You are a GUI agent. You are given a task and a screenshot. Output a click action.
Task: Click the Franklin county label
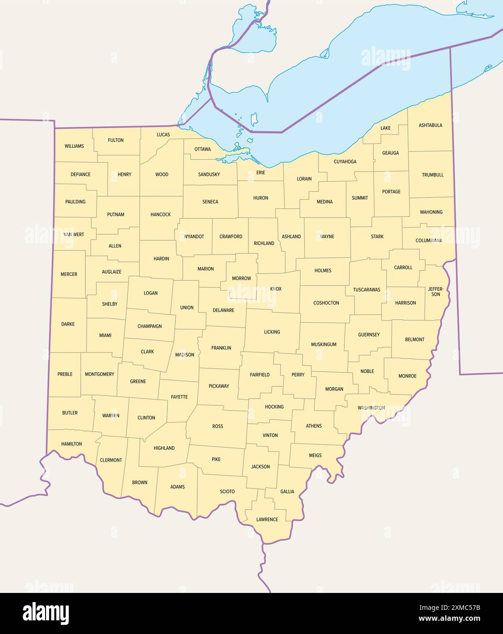pos(221,348)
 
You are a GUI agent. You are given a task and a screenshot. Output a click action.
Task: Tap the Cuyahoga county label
pos(345,161)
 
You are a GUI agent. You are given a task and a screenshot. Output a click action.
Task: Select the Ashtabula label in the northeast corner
pos(430,125)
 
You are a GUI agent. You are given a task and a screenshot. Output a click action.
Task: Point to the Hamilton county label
pos(72,444)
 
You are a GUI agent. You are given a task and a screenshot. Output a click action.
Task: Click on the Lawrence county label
pos(267,520)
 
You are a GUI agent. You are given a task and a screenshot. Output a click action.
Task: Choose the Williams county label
pos(74,146)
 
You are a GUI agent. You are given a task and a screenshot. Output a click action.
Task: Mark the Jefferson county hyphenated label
pos(436,291)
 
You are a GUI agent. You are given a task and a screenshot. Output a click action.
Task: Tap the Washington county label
pos(371,408)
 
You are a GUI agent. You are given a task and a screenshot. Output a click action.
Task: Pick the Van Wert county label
pos(74,234)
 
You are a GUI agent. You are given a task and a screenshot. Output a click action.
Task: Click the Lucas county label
pos(163,135)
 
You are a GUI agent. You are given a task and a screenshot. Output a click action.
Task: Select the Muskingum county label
pos(323,344)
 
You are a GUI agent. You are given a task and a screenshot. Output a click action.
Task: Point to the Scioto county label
pos(227,491)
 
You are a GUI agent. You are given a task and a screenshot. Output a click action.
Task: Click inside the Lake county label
pos(385,128)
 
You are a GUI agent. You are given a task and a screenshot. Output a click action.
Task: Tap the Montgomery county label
pos(99,374)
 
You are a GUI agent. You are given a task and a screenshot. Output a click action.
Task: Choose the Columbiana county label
pos(429,240)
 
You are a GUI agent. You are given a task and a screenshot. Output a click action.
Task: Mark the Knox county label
pos(276,289)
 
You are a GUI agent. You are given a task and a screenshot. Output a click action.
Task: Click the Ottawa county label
pos(202,149)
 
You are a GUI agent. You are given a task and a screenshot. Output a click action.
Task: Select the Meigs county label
pos(315,455)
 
